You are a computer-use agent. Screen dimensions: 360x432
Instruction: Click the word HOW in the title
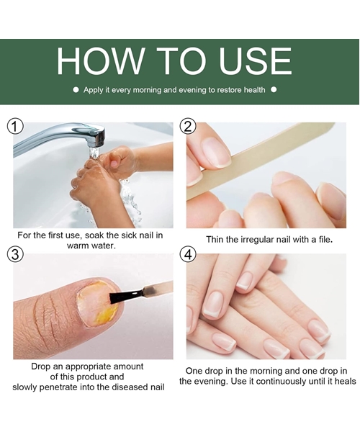pos(100,60)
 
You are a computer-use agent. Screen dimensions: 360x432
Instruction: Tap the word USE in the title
pos(255,60)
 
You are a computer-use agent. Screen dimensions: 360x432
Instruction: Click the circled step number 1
pos(15,127)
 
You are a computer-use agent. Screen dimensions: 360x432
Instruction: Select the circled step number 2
pos(188,127)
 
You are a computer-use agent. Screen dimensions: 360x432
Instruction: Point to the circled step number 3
pos(15,254)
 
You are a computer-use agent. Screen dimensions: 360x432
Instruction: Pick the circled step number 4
pos(188,254)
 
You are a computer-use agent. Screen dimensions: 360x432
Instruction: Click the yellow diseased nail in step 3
pos(98,304)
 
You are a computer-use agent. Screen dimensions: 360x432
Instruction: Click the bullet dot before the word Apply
pos(76,90)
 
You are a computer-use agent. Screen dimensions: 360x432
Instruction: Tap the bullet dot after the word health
pos(274,90)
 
